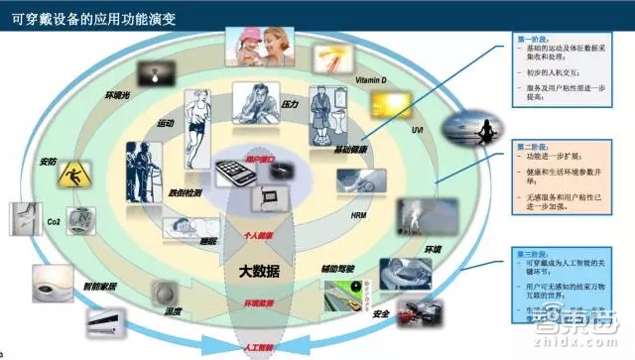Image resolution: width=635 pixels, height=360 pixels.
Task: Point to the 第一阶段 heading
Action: tap(532, 39)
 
